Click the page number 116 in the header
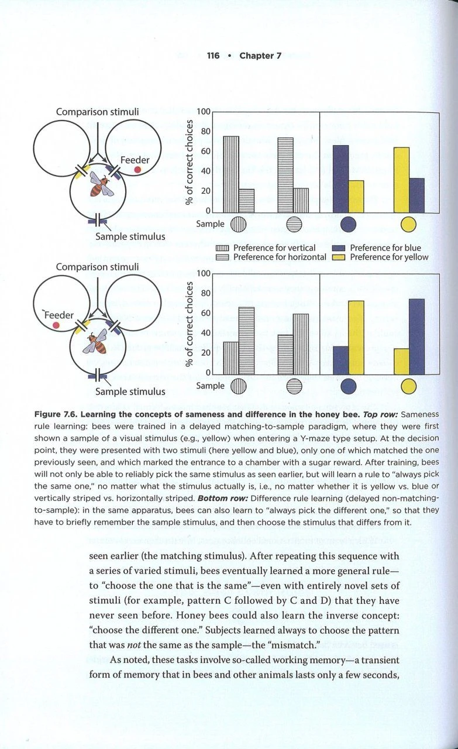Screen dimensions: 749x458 tap(212, 56)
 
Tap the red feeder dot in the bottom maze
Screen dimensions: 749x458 tap(56, 324)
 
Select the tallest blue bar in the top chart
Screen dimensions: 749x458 tap(340, 178)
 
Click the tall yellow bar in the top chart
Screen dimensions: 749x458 tap(401, 180)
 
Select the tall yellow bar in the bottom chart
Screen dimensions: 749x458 tap(356, 337)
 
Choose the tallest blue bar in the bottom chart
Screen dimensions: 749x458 tap(416, 336)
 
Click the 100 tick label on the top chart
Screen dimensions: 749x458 tap(203, 112)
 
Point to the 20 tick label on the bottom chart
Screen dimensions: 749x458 tap(205, 353)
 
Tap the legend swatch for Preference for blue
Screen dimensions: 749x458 tap(339, 248)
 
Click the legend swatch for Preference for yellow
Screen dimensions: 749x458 tap(339, 257)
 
